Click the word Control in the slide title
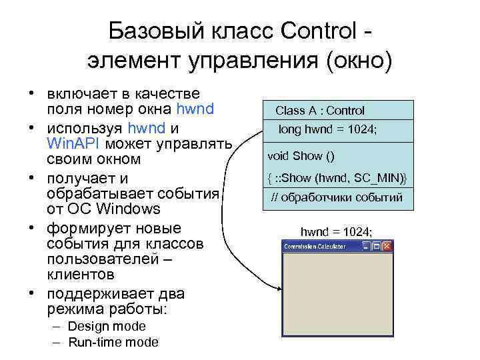(x=319, y=31)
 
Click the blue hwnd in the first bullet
(x=195, y=109)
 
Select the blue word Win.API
(x=72, y=143)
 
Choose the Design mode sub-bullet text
(x=107, y=326)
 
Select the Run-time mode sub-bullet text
(x=113, y=343)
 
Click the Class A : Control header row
(x=320, y=111)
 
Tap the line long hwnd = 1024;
(x=327, y=129)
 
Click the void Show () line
(x=301, y=156)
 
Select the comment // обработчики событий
(x=336, y=197)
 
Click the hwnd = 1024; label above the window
(x=336, y=231)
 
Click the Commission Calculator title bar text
(x=315, y=247)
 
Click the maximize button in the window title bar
(x=377, y=247)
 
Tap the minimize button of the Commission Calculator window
(x=366, y=247)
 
